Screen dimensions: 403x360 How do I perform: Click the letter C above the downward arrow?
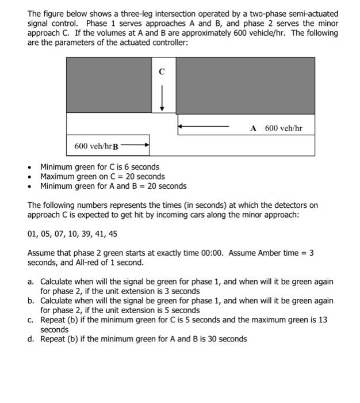(x=162, y=72)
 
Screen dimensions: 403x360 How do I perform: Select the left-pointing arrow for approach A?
(x=207, y=125)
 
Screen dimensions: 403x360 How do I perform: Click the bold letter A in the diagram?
(x=253, y=128)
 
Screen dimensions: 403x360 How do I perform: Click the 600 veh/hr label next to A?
(x=283, y=128)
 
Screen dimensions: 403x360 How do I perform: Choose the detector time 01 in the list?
(x=33, y=234)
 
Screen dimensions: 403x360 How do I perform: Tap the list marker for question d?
(x=32, y=339)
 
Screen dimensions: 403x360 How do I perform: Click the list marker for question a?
(x=32, y=282)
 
